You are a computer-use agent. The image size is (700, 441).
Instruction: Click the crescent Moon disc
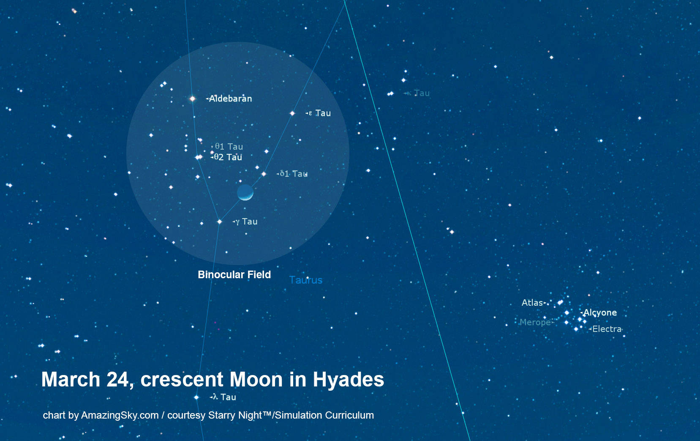point(245,192)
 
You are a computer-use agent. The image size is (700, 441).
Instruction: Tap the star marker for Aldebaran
point(193,99)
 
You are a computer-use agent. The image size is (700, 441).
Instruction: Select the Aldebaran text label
point(230,99)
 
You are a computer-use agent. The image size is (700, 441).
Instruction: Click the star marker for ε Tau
point(292,113)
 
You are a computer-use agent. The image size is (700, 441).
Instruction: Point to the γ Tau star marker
point(219,222)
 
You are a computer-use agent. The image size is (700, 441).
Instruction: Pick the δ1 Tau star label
point(294,174)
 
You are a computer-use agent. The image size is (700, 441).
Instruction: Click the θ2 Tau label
point(228,157)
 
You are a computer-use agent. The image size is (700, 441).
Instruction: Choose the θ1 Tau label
point(229,146)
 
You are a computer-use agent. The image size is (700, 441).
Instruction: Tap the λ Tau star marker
point(196,397)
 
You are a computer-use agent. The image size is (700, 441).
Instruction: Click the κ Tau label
point(419,93)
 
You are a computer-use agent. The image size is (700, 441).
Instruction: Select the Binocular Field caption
point(234,274)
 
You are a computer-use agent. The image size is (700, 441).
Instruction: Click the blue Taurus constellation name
point(305,280)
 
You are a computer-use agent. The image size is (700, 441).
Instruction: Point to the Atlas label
point(532,302)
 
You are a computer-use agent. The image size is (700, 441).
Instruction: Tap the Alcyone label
point(600,312)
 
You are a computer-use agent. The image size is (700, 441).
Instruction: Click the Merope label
point(535,322)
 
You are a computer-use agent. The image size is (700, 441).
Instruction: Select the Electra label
point(607,329)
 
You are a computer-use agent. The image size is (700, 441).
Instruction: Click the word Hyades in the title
point(349,380)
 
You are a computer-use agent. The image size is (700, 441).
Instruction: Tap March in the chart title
point(71,379)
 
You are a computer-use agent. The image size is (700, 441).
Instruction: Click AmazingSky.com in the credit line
point(120,415)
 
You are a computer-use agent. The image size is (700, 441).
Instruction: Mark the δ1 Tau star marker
point(264,174)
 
